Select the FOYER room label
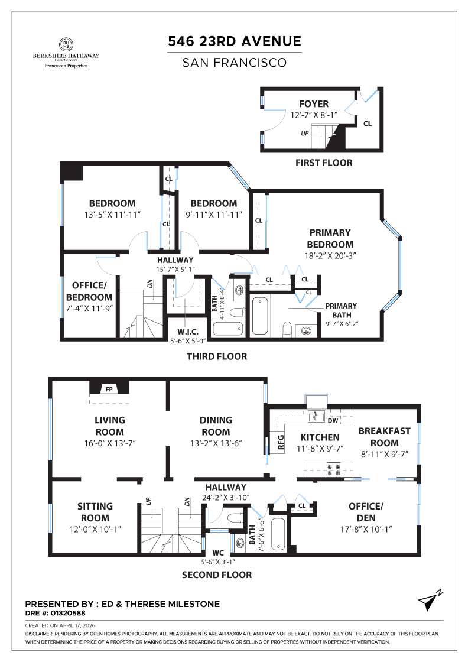(x=314, y=104)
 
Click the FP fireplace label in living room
(x=109, y=389)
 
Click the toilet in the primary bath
(x=287, y=327)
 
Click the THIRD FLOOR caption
(x=217, y=356)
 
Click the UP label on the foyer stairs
(x=305, y=134)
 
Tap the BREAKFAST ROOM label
(x=383, y=437)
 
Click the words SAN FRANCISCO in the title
(x=235, y=62)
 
